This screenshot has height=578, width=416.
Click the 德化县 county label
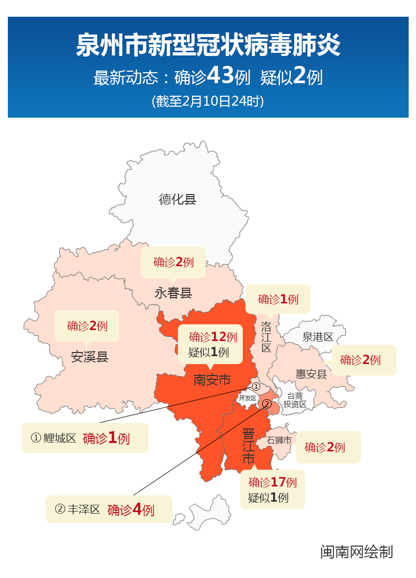[x=177, y=199]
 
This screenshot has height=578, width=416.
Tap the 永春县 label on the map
[x=173, y=293]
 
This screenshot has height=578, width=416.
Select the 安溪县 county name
[x=89, y=357]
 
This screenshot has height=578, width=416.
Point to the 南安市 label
[x=212, y=379]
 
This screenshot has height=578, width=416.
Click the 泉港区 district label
[x=318, y=337]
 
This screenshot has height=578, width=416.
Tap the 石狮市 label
[x=279, y=440]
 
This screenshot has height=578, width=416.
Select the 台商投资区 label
[x=295, y=400]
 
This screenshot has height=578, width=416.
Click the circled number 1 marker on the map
[x=256, y=387]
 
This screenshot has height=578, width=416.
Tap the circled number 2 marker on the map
[x=266, y=404]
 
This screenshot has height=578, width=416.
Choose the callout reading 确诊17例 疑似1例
[x=272, y=490]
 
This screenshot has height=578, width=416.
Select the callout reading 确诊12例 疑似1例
[x=210, y=344]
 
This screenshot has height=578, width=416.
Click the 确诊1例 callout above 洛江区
[x=278, y=299]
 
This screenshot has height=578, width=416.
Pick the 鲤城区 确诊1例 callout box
[x=85, y=438]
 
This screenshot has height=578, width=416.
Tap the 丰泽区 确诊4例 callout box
[x=109, y=509]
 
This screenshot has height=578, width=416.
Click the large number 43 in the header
[x=220, y=76]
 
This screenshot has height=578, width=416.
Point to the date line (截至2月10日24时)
[x=208, y=101]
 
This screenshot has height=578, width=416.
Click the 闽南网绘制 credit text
[x=356, y=552]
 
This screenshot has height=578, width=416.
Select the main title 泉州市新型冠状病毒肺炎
[x=208, y=45]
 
